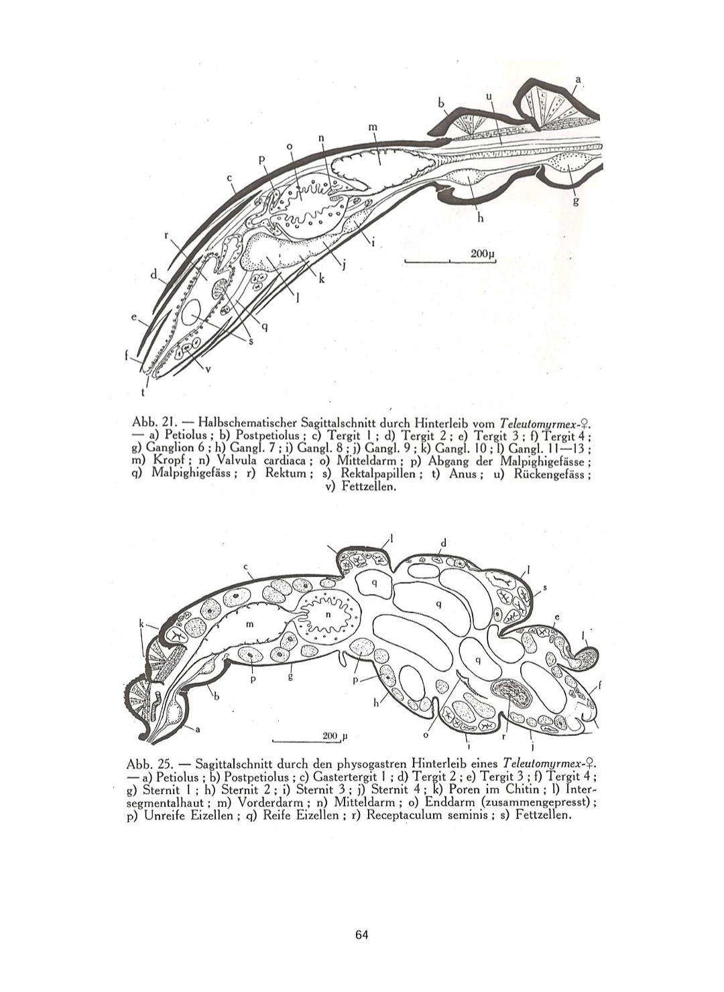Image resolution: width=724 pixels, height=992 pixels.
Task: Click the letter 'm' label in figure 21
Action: click(x=373, y=127)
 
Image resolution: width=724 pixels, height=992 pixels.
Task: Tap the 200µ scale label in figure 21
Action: click(x=482, y=254)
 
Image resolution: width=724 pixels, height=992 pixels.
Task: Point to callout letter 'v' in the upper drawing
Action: click(x=207, y=367)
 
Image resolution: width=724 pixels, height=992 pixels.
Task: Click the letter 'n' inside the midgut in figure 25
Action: click(x=328, y=614)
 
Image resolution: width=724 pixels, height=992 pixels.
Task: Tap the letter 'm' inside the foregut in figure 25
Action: click(x=250, y=624)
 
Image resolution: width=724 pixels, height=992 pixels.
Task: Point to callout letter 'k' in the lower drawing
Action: click(x=141, y=624)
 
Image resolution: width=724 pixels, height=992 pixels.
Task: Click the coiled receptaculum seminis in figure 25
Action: click(x=511, y=693)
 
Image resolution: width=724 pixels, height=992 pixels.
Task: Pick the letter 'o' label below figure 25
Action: click(x=426, y=735)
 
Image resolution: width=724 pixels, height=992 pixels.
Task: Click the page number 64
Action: click(x=362, y=934)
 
